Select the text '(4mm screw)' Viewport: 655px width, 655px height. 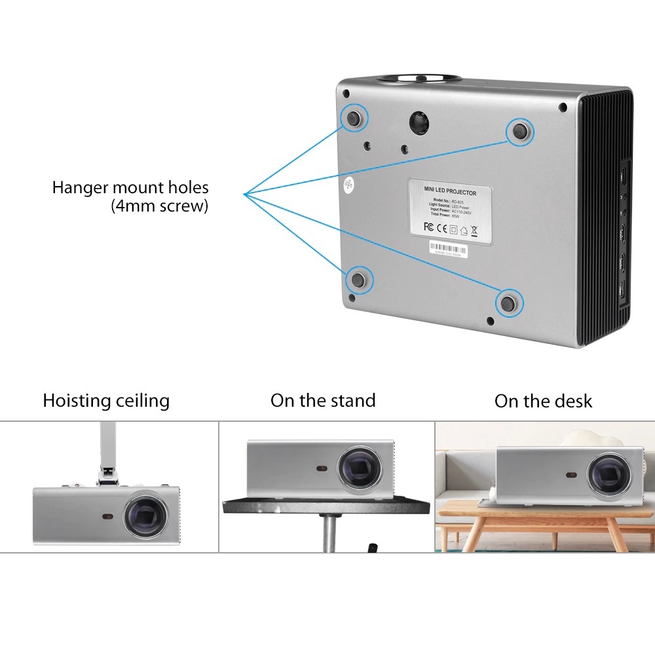click(160, 206)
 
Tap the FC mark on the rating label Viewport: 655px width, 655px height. click(430, 227)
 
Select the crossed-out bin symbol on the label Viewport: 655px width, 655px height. click(474, 229)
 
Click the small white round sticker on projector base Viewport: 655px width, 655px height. click(348, 185)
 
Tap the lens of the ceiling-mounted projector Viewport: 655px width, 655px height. click(145, 514)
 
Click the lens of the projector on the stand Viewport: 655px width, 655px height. click(360, 469)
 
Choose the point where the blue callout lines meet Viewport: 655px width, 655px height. click(244, 194)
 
